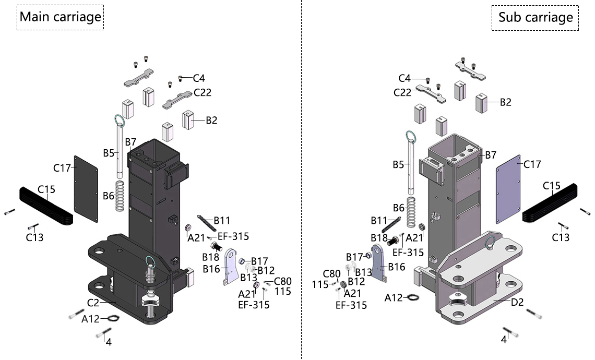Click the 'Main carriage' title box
[x=60, y=17]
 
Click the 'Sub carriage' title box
[x=535, y=17]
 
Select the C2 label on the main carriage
[x=93, y=302]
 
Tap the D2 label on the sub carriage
[x=517, y=302]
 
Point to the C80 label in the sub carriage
[x=331, y=274]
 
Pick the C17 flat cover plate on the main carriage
[x=87, y=188]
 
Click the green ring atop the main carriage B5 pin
[x=120, y=122]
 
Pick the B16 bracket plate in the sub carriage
[x=378, y=266]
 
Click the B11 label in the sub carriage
[x=379, y=220]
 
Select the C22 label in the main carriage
[x=203, y=92]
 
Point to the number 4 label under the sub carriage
[x=504, y=339]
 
